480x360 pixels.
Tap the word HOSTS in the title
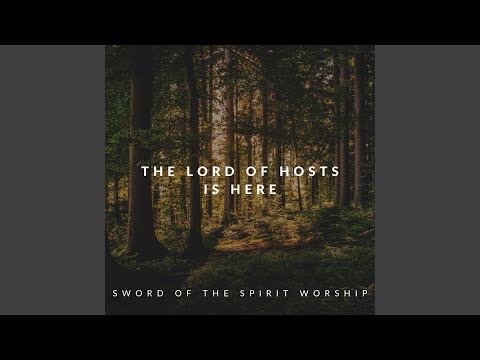pos(311,171)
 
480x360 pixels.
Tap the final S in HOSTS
pos(335,171)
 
